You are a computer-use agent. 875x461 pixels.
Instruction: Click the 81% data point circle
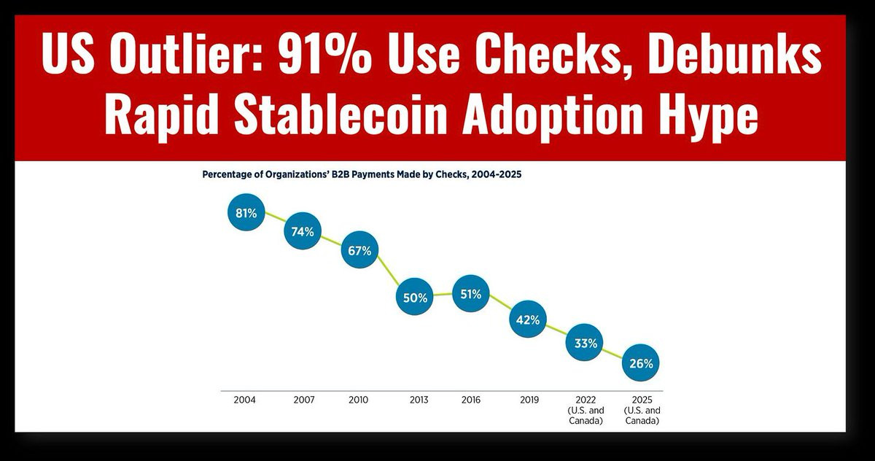(246, 213)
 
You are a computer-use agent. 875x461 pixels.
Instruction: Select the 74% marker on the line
(303, 231)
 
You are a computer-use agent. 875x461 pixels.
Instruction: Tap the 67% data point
(359, 250)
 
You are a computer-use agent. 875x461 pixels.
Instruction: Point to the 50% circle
(414, 297)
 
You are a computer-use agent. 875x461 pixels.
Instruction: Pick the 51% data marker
(471, 294)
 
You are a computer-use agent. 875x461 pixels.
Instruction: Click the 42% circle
(527, 319)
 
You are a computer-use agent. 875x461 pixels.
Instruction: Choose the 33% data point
(586, 343)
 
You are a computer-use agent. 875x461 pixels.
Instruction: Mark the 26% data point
(641, 363)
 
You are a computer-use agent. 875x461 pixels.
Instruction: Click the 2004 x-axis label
(244, 400)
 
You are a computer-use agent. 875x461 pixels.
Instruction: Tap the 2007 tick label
(303, 400)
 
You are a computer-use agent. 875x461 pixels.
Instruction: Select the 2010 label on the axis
(358, 400)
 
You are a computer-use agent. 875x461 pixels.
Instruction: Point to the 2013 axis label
(419, 400)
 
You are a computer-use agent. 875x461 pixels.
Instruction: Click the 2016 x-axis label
(472, 400)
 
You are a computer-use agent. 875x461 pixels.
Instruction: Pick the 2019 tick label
(529, 400)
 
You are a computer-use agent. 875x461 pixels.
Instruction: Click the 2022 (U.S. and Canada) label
(586, 410)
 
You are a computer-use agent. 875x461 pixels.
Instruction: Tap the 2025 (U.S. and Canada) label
(642, 410)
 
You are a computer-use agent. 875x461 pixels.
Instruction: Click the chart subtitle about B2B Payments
(362, 175)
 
